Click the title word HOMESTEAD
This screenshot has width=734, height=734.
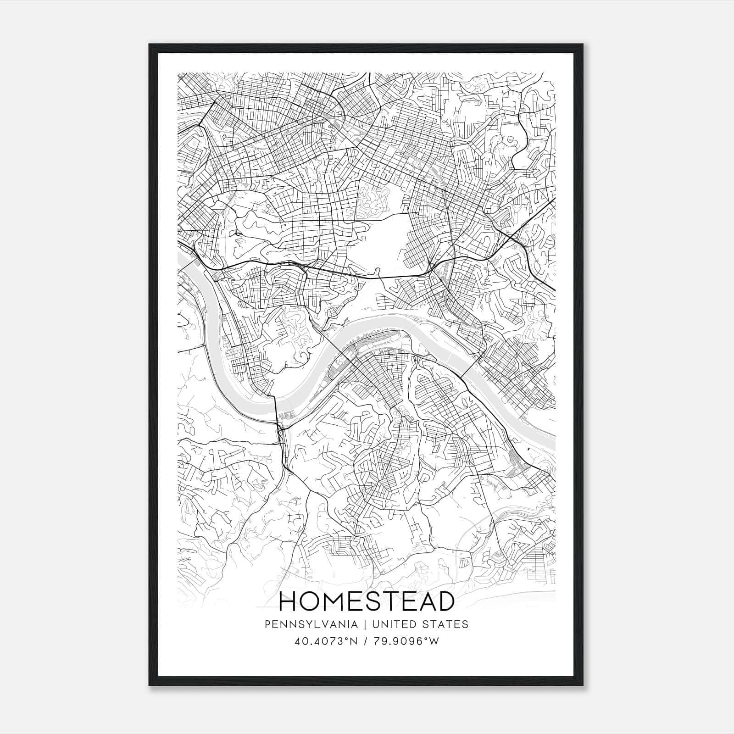tap(367, 602)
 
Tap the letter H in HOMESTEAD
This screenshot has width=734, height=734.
tap(288, 602)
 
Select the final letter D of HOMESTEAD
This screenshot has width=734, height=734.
tap(445, 602)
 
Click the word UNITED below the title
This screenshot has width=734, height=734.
tap(395, 624)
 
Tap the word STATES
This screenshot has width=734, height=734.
tap(445, 624)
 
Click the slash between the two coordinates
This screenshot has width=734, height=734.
tap(365, 641)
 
